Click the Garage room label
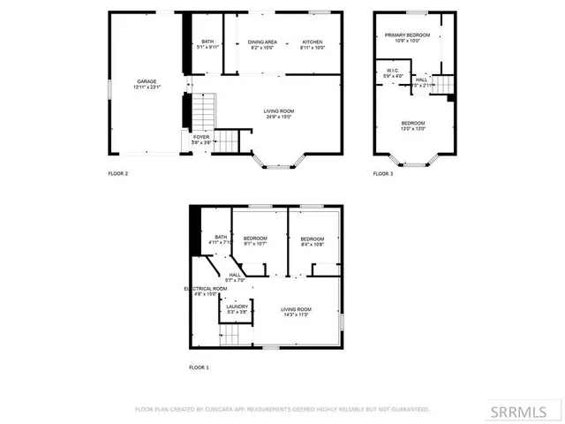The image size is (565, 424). click(145, 80)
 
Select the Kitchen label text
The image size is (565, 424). click(313, 42)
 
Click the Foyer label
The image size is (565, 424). click(201, 137)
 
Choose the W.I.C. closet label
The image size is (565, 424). click(393, 71)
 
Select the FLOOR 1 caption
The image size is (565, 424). click(199, 367)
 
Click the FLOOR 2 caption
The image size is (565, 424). click(118, 174)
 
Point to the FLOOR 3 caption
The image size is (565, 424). click(383, 174)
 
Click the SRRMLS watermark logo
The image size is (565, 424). click(525, 412)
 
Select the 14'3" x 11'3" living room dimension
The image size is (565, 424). click(297, 314)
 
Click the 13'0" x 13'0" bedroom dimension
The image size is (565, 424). click(413, 128)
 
